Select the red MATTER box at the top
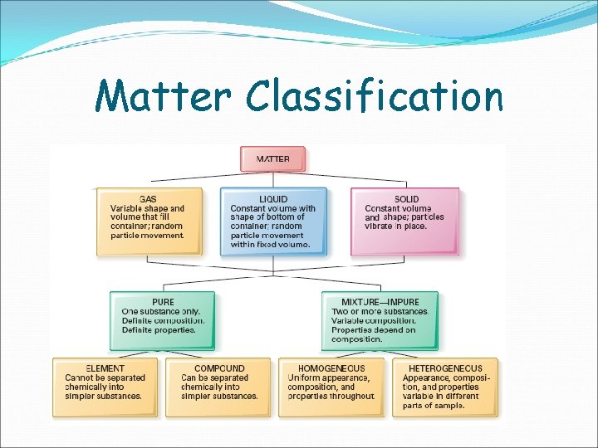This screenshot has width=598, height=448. click(273, 158)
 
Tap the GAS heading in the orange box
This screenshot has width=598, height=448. click(148, 199)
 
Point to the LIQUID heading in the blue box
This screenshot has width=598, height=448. click(273, 199)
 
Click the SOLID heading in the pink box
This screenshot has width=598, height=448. click(406, 199)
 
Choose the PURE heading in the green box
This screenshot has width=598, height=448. click(163, 302)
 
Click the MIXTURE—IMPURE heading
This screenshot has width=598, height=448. click(380, 302)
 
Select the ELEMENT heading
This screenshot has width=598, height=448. click(105, 368)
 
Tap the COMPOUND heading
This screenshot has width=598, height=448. click(218, 368)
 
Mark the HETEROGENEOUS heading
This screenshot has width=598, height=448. click(445, 368)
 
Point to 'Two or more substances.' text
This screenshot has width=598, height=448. click(380, 311)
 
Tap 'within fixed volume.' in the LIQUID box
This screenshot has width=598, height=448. click(269, 245)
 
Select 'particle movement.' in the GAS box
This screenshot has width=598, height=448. click(146, 236)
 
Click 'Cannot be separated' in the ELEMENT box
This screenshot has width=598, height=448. click(105, 377)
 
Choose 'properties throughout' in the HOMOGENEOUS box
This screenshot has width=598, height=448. click(331, 396)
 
